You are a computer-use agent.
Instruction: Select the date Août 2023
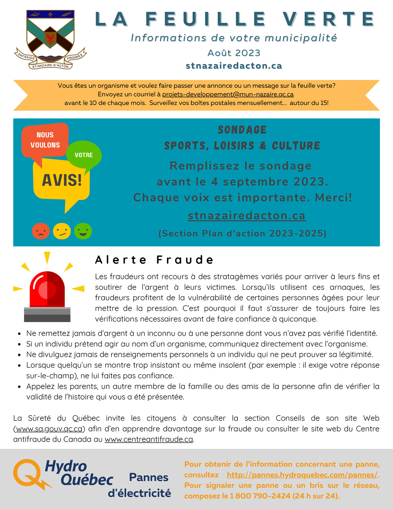pos(234,53)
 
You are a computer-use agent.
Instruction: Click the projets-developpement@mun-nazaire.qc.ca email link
pos(228,94)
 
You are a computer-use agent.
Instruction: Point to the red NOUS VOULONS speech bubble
pos(45,140)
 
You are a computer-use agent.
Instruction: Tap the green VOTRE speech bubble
pos(84,155)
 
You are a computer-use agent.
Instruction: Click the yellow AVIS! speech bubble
pos(62,180)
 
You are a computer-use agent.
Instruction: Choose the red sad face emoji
pos(41,231)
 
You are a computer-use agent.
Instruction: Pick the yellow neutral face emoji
pos(62,231)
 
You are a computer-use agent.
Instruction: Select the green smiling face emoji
pos(83,231)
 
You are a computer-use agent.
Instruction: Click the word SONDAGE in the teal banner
pos(242,130)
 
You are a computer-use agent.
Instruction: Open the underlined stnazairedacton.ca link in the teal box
pos(247,216)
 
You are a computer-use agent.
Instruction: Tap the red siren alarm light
pos(47,292)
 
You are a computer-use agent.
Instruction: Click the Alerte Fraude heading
pos(154,260)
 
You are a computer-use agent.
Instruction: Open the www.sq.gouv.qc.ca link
pos(49,429)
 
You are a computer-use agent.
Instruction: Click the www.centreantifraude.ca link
pos(149,439)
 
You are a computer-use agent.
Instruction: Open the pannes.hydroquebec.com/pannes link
pos(302,475)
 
